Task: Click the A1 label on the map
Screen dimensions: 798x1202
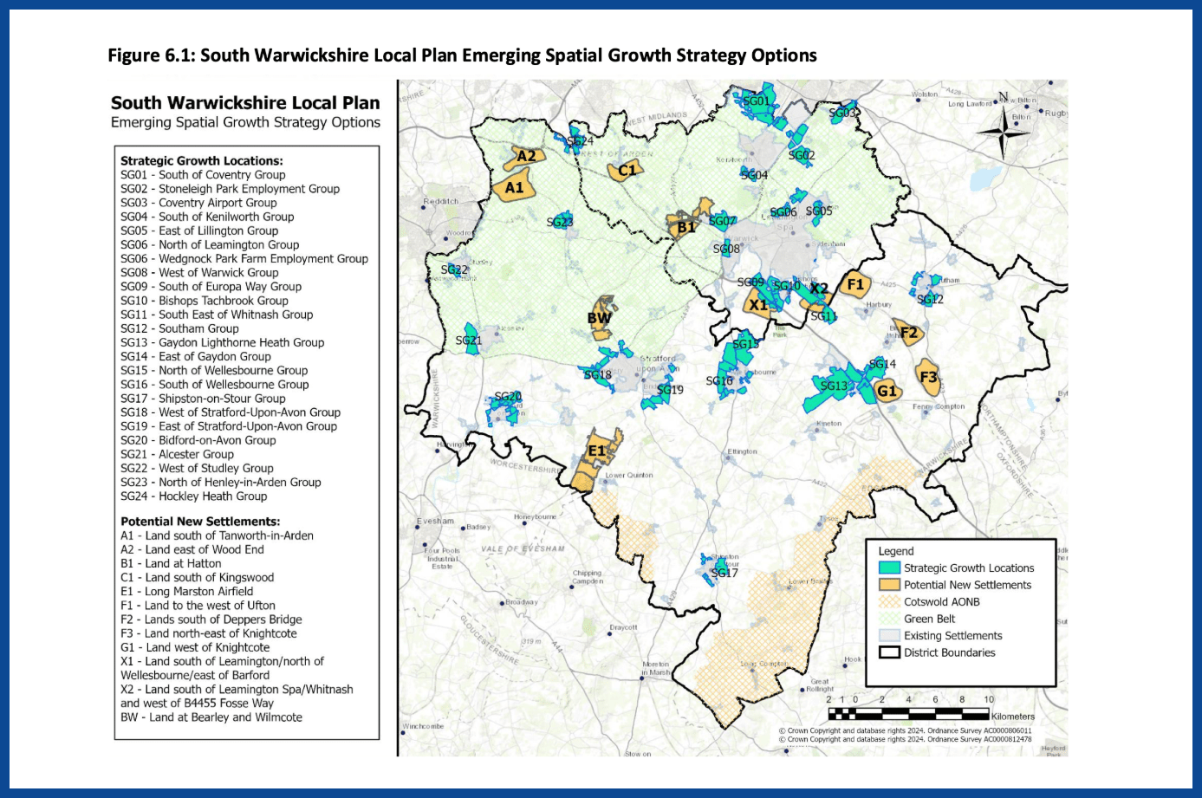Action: pos(515,187)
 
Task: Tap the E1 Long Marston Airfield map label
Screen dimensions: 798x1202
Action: pos(597,451)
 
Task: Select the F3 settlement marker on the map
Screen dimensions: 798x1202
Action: pos(928,377)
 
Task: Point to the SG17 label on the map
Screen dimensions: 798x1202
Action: pos(724,573)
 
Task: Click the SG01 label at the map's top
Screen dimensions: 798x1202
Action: pos(756,101)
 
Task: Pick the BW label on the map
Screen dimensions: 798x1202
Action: pos(599,318)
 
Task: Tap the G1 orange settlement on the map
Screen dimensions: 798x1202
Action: pos(887,391)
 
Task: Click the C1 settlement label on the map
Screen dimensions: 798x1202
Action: pos(627,170)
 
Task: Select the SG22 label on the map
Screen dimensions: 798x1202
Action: pos(454,269)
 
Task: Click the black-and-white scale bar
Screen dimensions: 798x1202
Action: pos(908,715)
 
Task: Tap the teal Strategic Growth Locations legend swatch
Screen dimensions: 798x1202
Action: pos(889,568)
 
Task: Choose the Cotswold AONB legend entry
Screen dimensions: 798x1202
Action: pos(941,602)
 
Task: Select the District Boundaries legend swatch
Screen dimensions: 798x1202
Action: pos(889,652)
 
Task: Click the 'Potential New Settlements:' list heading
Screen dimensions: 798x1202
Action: pos(200,522)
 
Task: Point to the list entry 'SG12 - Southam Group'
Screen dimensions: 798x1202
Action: pos(179,328)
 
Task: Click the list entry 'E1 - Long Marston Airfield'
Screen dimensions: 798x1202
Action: pos(187,592)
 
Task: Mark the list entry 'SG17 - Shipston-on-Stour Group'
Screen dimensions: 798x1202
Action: pos(203,399)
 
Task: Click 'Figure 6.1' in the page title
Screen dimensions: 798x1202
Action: pos(151,55)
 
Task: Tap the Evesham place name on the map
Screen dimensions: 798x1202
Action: pos(435,522)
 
